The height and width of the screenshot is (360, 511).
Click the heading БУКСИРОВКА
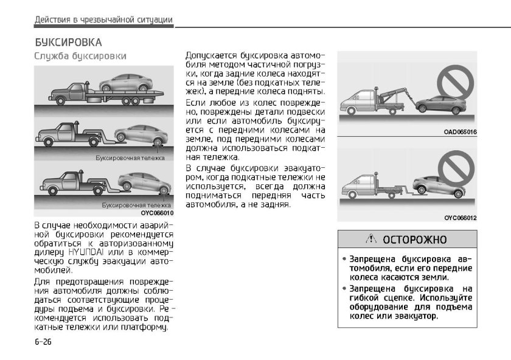pos(68,43)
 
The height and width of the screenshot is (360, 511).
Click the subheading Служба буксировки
pos(80,57)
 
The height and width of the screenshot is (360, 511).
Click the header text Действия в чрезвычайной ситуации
pos(104,20)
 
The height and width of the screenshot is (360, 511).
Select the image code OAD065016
pos(460,131)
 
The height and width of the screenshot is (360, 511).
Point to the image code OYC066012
pos(460,218)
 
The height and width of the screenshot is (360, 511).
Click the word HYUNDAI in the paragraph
pos(86,251)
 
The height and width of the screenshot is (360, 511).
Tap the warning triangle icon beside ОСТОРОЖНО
pos(372,240)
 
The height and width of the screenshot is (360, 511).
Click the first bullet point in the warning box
pos(345,259)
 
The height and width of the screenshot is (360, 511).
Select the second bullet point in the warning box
pos(345,289)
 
